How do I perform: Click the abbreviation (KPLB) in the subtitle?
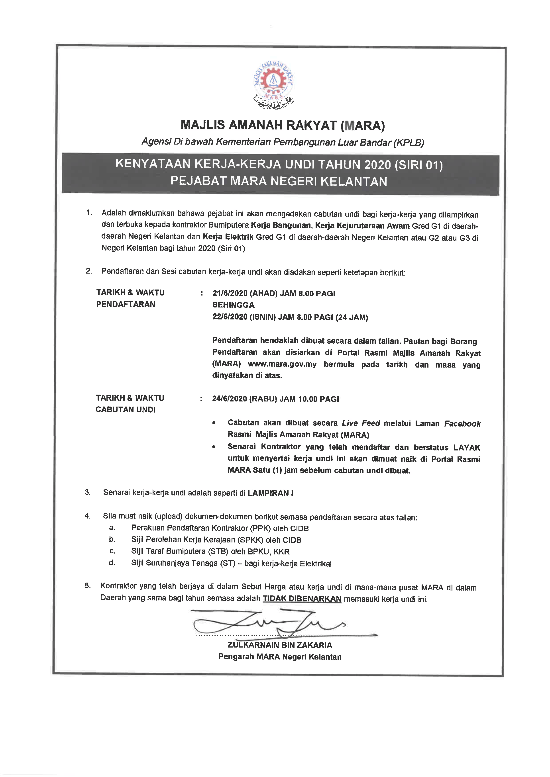click(x=409, y=143)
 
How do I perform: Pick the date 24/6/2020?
click(x=229, y=399)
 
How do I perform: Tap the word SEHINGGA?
click(x=233, y=305)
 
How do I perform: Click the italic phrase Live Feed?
click(x=361, y=423)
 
